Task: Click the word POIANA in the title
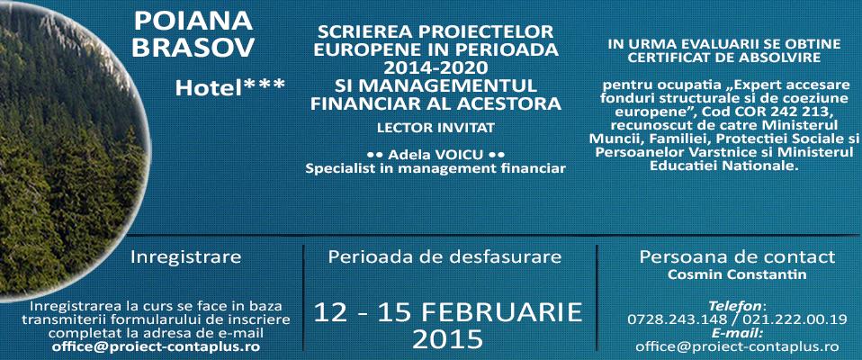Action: pos(193,22)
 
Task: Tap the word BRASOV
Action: pos(193,48)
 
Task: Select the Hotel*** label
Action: pos(230,87)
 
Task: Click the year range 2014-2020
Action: pos(435,68)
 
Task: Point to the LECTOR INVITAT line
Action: pos(435,128)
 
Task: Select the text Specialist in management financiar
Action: pos(435,168)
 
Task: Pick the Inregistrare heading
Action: pos(186,257)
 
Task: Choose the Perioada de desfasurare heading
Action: pos(444,256)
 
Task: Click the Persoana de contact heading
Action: pos(737,256)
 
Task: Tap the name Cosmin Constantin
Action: pos(737,274)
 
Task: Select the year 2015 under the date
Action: pos(447,339)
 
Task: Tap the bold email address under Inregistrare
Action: pos(156,346)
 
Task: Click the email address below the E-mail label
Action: pos(737,346)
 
